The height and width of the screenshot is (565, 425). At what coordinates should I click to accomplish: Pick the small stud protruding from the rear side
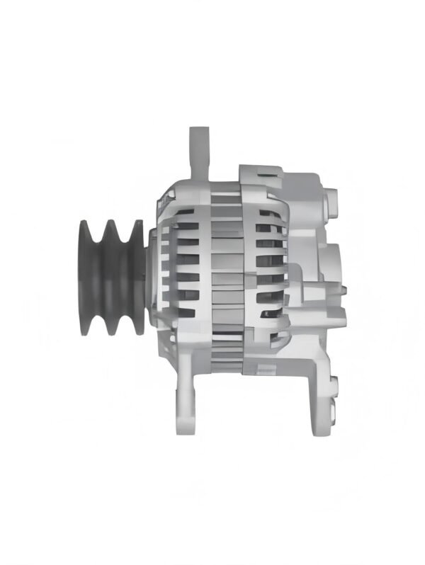[344, 288]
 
